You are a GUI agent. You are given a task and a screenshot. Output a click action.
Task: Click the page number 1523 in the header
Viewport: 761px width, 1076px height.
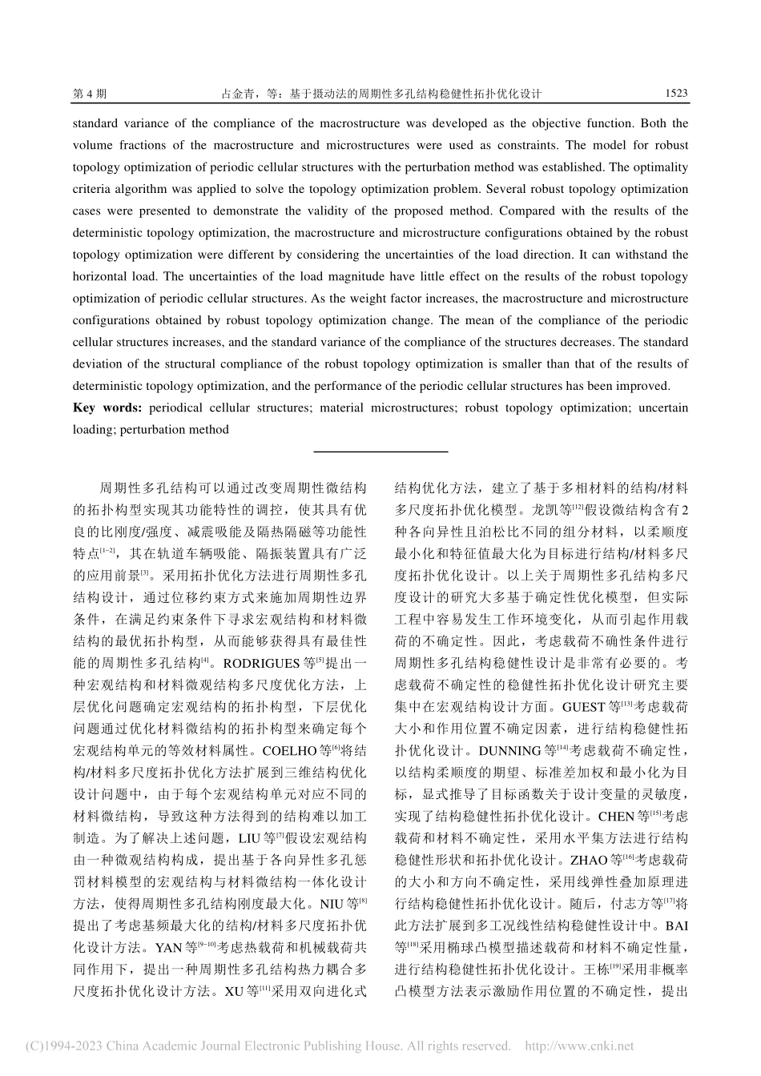[x=676, y=93]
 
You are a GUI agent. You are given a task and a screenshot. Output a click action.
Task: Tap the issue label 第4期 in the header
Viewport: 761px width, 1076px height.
[x=89, y=93]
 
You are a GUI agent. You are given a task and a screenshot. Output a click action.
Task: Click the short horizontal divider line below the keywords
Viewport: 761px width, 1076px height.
[x=380, y=452]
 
